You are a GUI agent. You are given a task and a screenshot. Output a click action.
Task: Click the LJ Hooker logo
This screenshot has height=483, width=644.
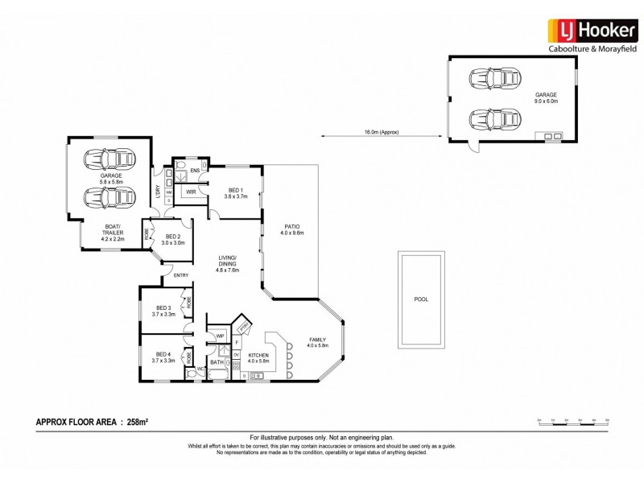592,30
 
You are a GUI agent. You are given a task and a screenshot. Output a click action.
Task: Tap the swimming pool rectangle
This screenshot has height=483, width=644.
421,299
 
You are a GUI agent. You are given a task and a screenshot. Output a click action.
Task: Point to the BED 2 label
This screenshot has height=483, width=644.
173,239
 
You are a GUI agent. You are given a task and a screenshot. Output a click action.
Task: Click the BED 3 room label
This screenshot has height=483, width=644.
164,311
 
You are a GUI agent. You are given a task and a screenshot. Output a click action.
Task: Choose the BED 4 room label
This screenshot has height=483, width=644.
163,357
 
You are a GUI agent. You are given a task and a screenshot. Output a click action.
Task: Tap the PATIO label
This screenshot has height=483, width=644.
290,229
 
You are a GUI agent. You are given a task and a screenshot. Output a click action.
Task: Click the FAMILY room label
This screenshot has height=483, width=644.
316,342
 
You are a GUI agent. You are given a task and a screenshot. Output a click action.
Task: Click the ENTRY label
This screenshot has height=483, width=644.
180,276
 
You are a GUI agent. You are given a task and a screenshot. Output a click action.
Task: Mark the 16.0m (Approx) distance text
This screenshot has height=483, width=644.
381,132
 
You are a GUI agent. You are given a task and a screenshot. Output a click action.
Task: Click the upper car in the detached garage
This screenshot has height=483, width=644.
490,80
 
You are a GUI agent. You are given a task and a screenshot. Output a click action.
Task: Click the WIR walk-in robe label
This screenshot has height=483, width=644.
192,192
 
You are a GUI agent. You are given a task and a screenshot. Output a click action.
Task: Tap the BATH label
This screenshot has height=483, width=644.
217,362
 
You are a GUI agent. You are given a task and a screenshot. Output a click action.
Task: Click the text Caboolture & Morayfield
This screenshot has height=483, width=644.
592,50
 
